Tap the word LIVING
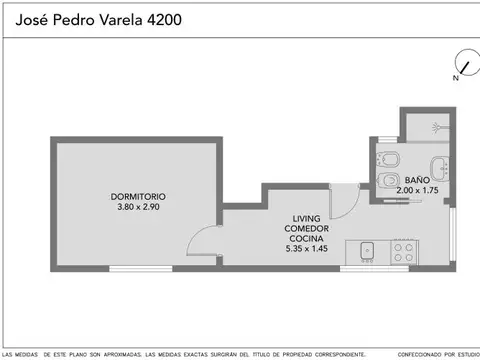306,218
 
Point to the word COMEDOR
306,229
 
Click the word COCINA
306,240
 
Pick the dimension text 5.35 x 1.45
306,251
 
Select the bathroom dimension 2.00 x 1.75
419,190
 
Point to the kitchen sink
366,250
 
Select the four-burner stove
405,250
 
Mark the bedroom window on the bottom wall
135,268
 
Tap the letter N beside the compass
454,76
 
